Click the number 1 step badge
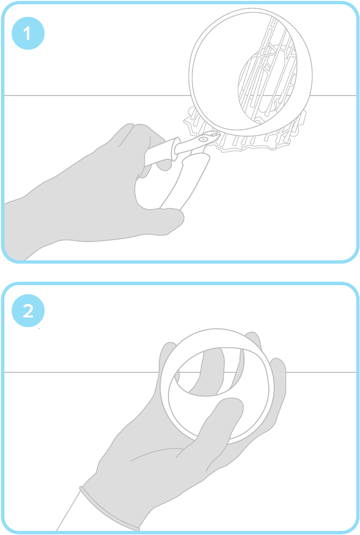(x=28, y=33)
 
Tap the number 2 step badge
(x=28, y=311)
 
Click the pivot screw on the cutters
(x=204, y=139)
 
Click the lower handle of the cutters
(x=184, y=181)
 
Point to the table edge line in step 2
(x=82, y=372)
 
